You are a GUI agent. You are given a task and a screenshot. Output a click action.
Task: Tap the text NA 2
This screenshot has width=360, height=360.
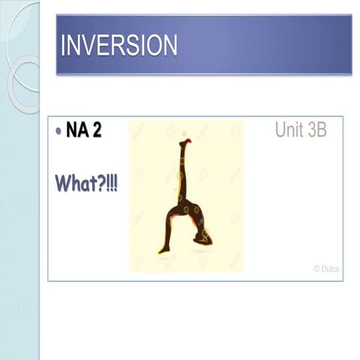click(83, 131)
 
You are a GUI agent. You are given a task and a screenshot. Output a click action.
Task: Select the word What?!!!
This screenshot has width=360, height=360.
click(86, 182)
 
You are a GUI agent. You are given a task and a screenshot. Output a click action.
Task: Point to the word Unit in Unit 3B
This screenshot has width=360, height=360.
click(290, 131)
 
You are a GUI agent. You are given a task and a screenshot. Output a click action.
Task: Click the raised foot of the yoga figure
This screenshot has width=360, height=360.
click(184, 142)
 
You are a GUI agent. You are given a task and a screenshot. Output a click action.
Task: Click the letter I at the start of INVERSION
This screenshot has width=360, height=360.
click(64, 46)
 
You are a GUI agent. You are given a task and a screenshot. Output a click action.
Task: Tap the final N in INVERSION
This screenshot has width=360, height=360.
click(169, 46)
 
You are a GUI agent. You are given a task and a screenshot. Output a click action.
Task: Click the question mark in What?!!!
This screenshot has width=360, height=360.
click(101, 182)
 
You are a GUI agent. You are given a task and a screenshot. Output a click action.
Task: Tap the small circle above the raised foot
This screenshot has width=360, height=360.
click(184, 133)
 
